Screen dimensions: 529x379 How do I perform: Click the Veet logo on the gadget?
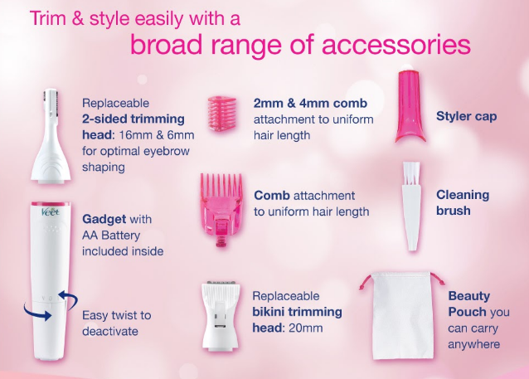51,212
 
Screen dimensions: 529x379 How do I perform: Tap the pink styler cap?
410,106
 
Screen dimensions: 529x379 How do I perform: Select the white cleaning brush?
411,207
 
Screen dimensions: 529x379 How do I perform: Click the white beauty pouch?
402,315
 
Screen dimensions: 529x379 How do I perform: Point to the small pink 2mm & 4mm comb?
222,113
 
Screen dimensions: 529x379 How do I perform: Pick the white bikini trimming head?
221,315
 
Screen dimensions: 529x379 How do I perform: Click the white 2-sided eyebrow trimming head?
51,136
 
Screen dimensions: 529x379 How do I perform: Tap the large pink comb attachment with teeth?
221,209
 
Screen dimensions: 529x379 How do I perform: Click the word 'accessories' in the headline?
396,45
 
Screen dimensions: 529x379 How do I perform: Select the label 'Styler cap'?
466,116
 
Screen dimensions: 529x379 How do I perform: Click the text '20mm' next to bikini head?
306,328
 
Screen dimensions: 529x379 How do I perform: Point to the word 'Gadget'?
104,220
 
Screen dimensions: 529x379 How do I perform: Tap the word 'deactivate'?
110,331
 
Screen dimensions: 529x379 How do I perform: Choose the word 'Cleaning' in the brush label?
463,195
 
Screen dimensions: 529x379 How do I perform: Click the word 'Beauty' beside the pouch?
469,296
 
